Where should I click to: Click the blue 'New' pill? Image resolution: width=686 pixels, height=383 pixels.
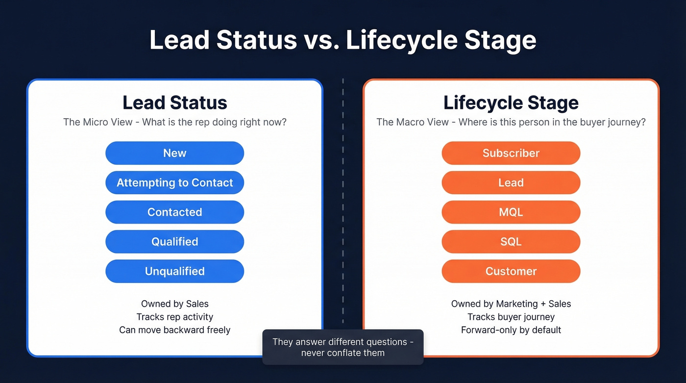174,153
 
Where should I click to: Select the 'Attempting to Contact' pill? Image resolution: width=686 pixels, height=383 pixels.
174,183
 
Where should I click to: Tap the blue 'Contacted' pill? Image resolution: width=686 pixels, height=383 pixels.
174,212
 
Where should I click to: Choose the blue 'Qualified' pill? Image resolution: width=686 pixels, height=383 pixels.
174,242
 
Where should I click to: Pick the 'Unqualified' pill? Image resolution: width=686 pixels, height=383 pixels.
174,271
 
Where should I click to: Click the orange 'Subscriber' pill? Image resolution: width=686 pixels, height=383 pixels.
511,153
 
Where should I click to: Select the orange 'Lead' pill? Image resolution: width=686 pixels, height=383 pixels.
511,183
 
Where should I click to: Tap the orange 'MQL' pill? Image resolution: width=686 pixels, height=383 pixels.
511,212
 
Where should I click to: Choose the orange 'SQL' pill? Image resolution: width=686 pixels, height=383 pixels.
511,242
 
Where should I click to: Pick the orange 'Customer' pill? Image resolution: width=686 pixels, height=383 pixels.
511,271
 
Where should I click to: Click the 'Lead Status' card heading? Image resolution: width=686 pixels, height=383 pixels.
174,103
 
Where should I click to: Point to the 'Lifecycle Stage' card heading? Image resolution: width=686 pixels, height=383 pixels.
511,103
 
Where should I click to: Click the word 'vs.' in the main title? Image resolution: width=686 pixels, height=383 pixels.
321,40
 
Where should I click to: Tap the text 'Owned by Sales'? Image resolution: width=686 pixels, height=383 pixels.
174,304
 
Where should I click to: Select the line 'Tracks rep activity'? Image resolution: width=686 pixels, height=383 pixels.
174,317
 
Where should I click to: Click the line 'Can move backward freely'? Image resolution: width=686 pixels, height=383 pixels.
174,330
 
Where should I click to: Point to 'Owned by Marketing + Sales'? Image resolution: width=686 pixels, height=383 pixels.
511,304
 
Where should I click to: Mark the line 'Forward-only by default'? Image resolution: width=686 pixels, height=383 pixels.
511,330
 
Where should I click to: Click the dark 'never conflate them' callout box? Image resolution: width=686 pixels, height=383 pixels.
343,347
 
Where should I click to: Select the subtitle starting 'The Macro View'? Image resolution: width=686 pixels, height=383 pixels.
511,122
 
